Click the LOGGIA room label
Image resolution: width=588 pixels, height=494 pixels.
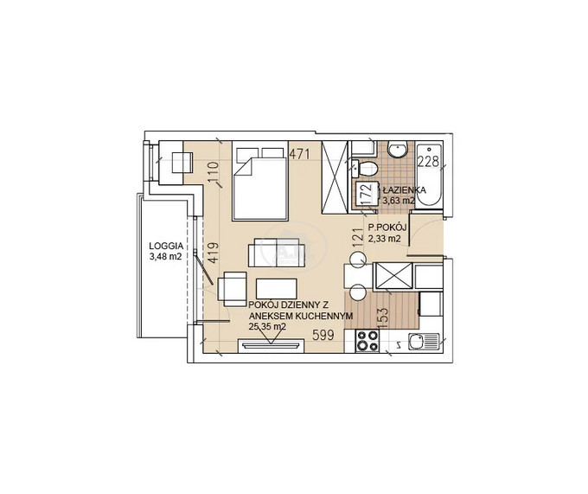(x=166, y=247)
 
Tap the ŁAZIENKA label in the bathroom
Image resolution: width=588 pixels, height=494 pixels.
(x=405, y=189)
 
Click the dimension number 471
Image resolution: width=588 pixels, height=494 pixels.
(x=300, y=154)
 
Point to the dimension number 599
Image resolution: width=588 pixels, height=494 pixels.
(x=323, y=335)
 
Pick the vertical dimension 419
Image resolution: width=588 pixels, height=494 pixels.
(x=213, y=253)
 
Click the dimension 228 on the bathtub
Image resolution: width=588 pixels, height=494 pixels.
(x=428, y=162)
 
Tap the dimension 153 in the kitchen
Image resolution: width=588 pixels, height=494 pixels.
(x=385, y=318)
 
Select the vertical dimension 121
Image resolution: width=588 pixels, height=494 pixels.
(x=358, y=238)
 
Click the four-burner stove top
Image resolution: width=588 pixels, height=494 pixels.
(x=367, y=342)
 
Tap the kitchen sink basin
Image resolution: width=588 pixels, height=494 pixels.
(x=417, y=342)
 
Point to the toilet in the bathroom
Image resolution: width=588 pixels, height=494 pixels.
(x=365, y=169)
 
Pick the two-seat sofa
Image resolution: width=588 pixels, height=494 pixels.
(x=276, y=253)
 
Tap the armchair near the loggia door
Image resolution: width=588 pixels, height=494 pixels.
(x=232, y=289)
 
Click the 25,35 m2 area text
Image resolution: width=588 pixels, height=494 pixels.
(x=267, y=326)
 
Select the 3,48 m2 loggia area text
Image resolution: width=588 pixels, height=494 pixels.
(x=166, y=257)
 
